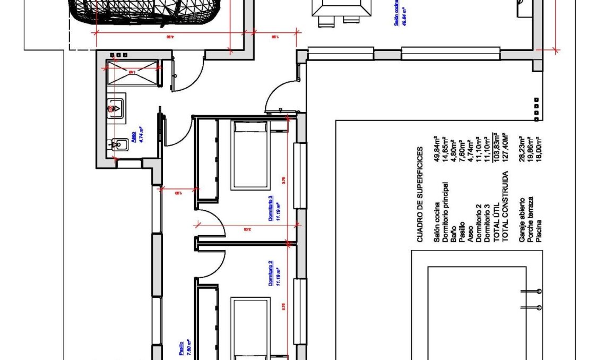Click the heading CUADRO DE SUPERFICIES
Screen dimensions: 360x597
419,194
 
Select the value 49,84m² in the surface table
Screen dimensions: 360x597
437,151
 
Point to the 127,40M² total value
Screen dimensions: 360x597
505,151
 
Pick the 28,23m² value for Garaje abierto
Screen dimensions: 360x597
522,151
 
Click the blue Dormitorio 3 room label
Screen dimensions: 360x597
271,208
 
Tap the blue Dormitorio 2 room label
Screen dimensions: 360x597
271,273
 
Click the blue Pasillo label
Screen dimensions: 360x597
181,347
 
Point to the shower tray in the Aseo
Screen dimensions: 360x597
132,73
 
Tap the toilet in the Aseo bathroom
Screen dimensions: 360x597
117,143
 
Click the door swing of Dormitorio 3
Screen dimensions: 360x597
215,221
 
